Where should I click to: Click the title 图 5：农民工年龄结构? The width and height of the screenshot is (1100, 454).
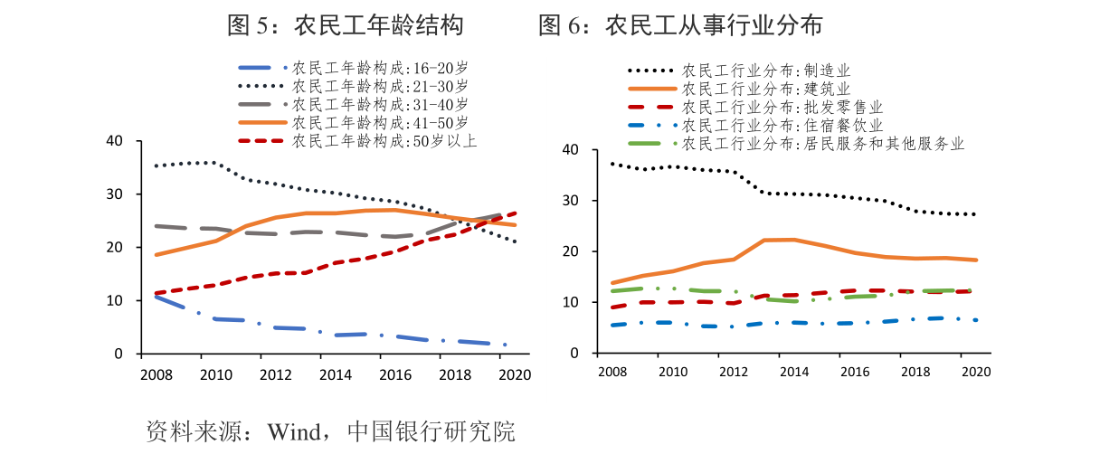pyautogui.click(x=345, y=26)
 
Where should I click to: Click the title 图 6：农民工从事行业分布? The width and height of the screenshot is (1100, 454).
pyautogui.click(x=680, y=26)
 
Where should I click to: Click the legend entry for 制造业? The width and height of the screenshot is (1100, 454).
pyautogui.click(x=765, y=71)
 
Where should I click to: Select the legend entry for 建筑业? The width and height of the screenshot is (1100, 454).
pyautogui.click(x=765, y=89)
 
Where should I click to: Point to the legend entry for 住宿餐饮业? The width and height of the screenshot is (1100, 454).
pyautogui.click(x=782, y=126)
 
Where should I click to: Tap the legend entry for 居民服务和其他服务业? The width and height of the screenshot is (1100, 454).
pyautogui.click(x=822, y=144)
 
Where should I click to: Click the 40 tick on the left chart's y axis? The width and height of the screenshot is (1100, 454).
pyautogui.click(x=114, y=141)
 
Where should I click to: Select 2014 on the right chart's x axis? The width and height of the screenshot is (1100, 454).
pyautogui.click(x=793, y=372)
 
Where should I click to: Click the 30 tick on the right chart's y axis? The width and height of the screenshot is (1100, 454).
pyautogui.click(x=571, y=201)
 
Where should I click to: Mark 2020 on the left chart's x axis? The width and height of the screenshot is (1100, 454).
pyautogui.click(x=515, y=374)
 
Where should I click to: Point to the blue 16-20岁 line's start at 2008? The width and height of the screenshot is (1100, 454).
pyautogui.click(x=155, y=296)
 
